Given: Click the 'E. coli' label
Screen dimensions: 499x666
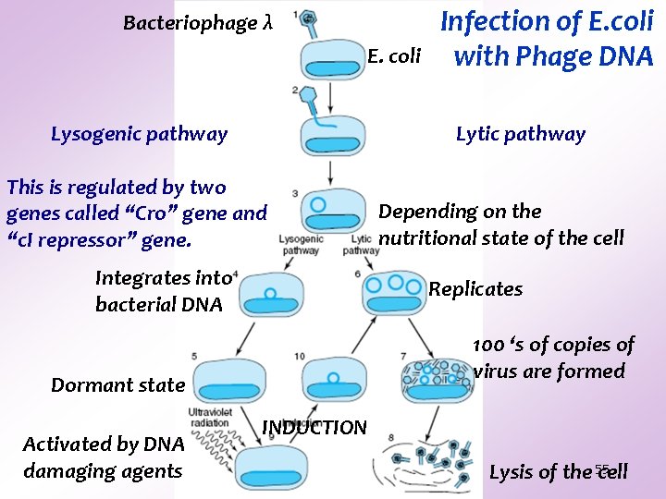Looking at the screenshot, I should tap(393, 57).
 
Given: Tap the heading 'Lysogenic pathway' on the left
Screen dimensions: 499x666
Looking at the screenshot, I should tap(139, 134).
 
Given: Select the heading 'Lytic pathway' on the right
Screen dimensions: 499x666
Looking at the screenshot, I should tap(521, 134).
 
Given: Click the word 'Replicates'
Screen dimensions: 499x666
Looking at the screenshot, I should tap(475, 289).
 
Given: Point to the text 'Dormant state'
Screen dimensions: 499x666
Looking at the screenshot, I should tap(117, 385).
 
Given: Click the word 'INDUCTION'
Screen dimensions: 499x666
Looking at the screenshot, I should tap(314, 428).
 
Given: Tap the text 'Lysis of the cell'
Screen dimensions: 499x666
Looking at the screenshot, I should tap(558, 472).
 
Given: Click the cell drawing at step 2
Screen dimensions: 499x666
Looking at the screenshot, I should tap(332, 134).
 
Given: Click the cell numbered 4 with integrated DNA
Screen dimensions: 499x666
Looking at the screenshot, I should tap(270, 296).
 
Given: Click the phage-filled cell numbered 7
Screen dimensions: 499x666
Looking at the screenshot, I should tap(436, 380).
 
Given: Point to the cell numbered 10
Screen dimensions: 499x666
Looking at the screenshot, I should tap(332, 380).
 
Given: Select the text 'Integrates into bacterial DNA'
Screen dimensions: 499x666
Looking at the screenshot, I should tap(162, 290).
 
